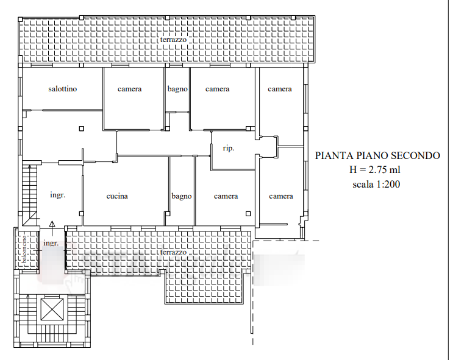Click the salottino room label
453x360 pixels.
[x=62, y=88]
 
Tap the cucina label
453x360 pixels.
[x=117, y=196]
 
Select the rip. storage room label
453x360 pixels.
[x=228, y=149]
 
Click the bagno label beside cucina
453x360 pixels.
[x=182, y=196]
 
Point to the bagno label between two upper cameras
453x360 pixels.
[x=177, y=89]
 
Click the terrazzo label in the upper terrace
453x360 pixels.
[x=173, y=40]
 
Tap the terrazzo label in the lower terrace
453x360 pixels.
[x=173, y=252]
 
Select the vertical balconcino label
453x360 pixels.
[x=24, y=249]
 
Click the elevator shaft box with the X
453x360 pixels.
[x=52, y=309]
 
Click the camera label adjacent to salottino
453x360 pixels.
[x=129, y=89]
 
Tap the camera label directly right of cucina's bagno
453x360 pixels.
[x=226, y=196]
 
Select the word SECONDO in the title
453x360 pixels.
[x=415, y=155]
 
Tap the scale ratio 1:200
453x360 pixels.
[x=387, y=184]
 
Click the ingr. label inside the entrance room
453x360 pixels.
[x=57, y=195]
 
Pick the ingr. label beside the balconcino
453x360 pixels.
[x=51, y=243]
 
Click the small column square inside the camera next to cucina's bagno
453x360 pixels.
[x=248, y=214]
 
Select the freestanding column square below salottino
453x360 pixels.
[x=82, y=129]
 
